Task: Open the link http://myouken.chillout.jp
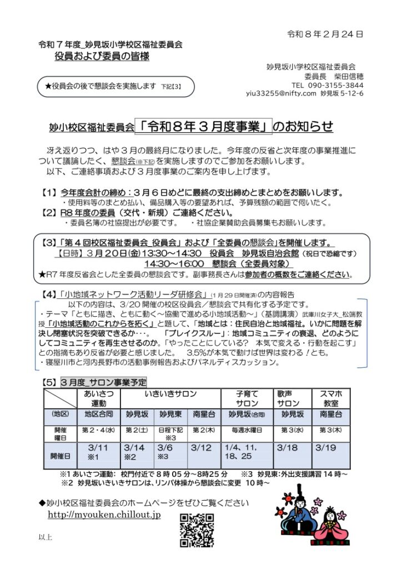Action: coord(104,515)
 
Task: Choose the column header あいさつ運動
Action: coord(98,398)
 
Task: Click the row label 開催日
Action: coord(60,455)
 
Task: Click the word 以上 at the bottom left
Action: coord(46,537)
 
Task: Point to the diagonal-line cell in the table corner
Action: coord(60,398)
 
